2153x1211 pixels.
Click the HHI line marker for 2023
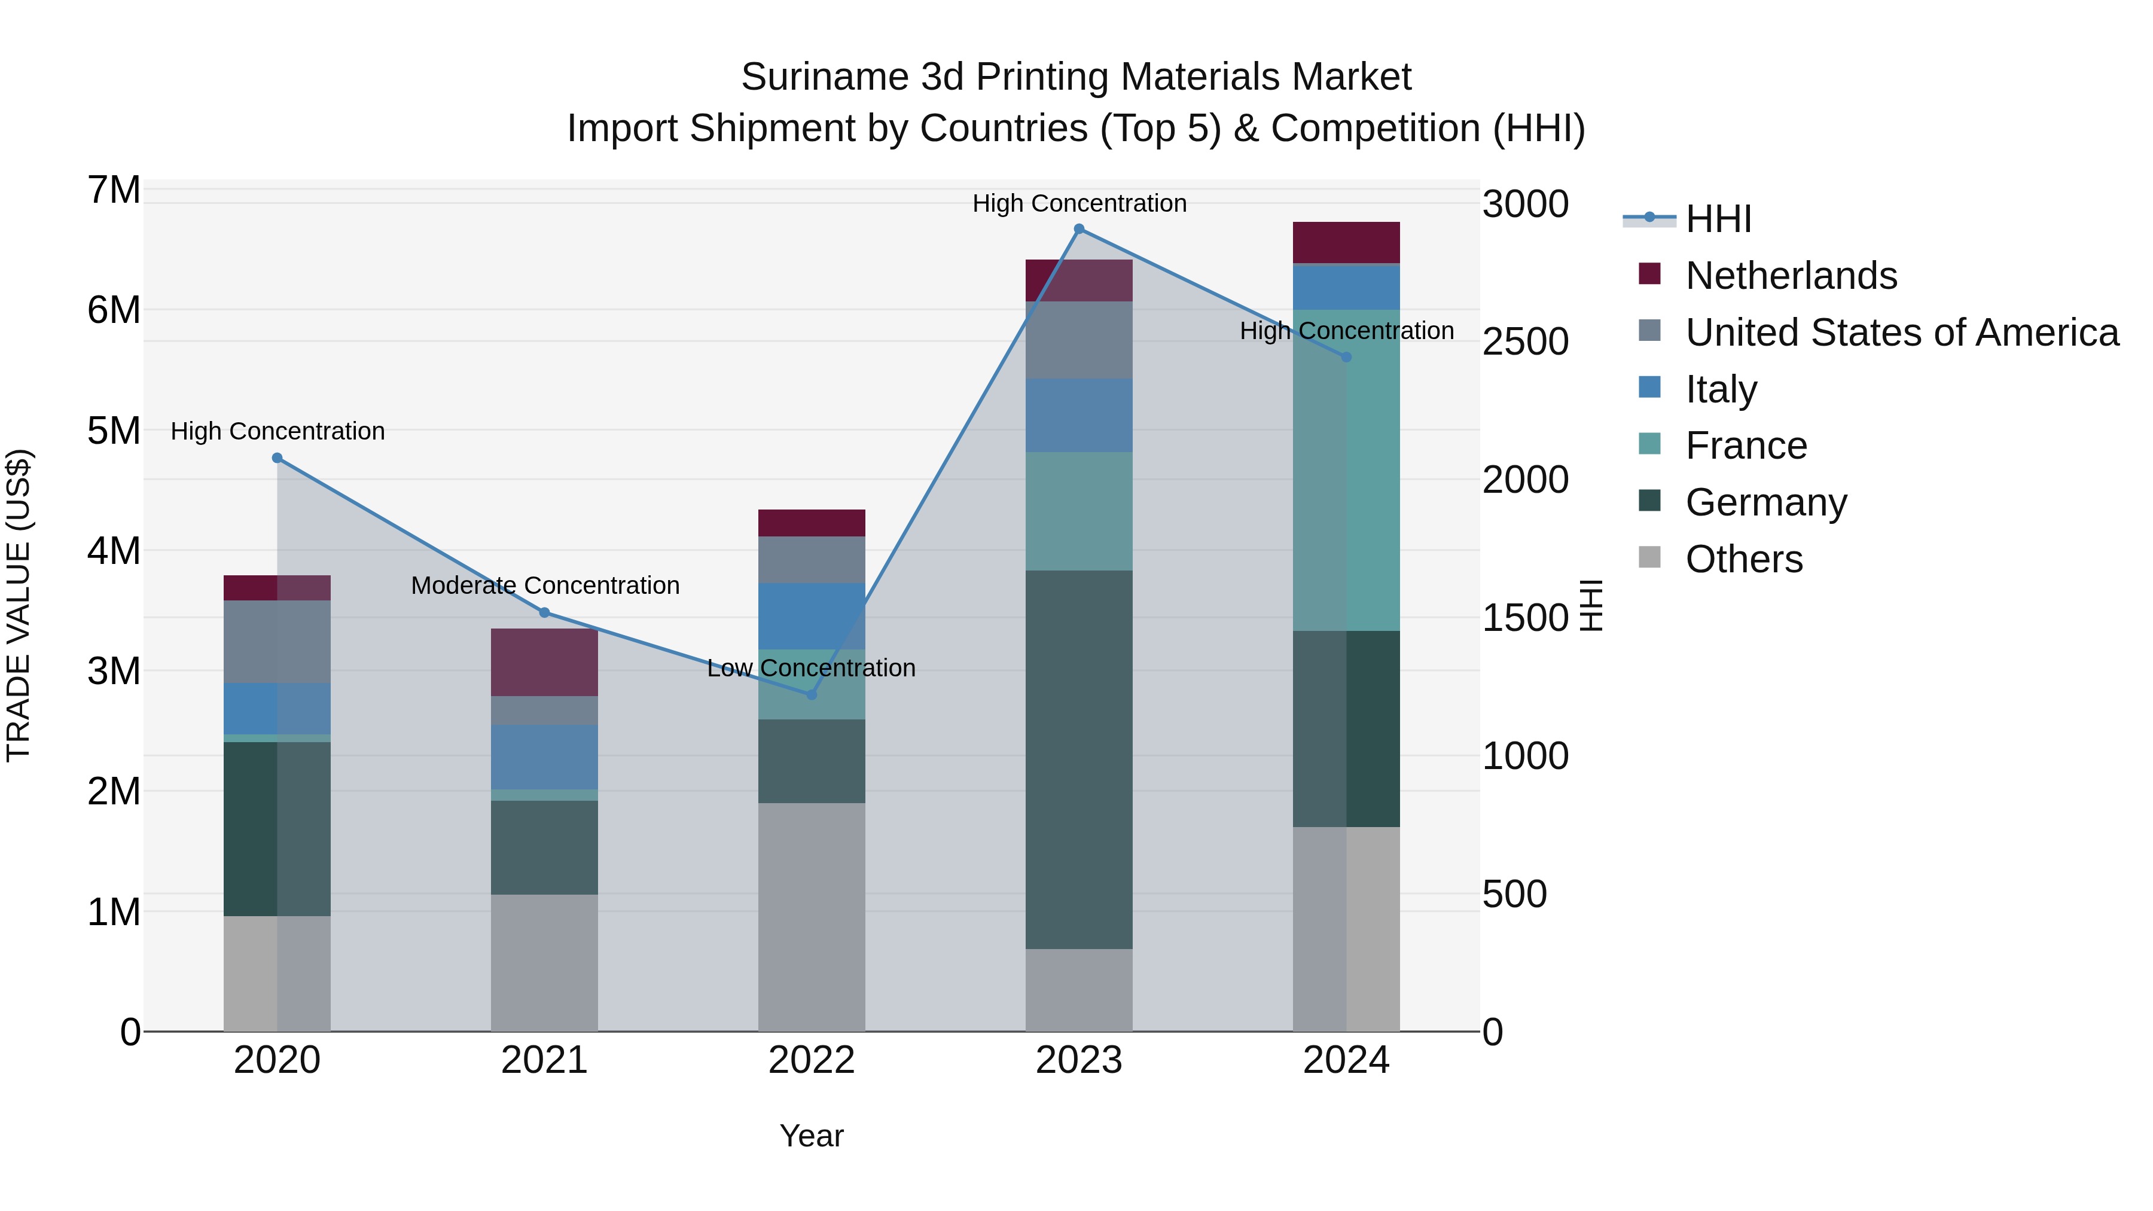[x=1078, y=229]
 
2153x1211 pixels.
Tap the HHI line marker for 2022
[x=811, y=694]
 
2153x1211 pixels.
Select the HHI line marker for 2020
[x=277, y=458]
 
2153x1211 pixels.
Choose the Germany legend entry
[x=1765, y=502]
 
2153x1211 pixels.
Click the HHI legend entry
[x=1718, y=219]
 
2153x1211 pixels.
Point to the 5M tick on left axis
[x=114, y=431]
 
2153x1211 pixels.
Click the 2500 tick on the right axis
[x=1524, y=342]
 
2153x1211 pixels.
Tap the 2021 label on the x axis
[x=544, y=1060]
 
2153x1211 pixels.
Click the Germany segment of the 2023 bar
[x=1078, y=759]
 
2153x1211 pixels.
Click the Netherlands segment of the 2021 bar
[x=544, y=662]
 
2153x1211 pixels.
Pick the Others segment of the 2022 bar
[x=811, y=917]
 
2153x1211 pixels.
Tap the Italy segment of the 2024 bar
[x=1346, y=286]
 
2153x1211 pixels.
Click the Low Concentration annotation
[x=811, y=668]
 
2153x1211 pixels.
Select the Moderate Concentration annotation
[x=545, y=585]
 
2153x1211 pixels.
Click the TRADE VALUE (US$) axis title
[x=19, y=605]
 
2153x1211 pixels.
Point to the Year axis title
[x=811, y=1136]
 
